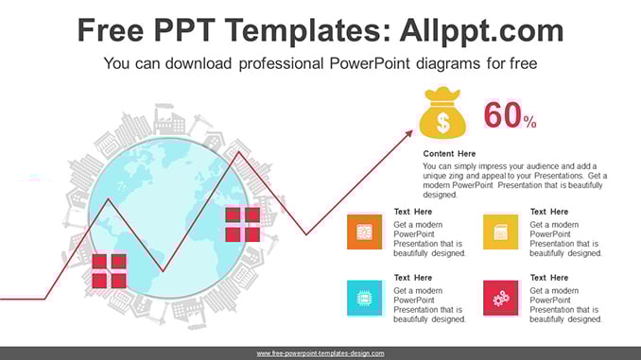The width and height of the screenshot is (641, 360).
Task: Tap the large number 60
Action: [x=503, y=115]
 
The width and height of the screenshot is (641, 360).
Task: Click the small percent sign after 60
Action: [x=529, y=122]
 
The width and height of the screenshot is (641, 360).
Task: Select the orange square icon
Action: [x=364, y=231]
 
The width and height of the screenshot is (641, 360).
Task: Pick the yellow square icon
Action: [x=500, y=231]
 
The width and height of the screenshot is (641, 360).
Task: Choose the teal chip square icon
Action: [x=364, y=298]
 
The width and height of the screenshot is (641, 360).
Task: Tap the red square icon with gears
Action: [x=500, y=298]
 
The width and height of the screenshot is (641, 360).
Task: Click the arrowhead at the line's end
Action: [x=408, y=133]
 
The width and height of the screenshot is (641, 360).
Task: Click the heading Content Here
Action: [x=449, y=154]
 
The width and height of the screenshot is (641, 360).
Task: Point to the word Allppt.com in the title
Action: [x=481, y=30]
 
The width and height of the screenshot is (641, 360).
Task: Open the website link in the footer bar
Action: [x=320, y=353]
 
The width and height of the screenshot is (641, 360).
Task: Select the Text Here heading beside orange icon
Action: [x=413, y=212]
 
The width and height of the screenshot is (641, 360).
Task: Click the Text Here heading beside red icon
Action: [x=549, y=278]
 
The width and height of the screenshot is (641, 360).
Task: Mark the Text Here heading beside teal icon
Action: [x=413, y=278]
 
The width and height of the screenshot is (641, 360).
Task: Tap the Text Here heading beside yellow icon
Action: [x=549, y=212]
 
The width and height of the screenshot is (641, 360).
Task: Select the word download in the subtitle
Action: [x=199, y=63]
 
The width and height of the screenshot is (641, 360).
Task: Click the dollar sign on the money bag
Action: [x=442, y=122]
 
